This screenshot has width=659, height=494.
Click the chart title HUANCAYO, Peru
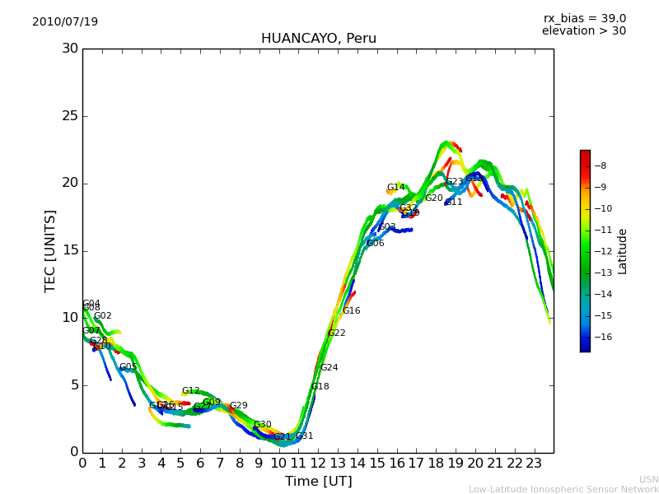(318, 39)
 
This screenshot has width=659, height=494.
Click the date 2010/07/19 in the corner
(65, 22)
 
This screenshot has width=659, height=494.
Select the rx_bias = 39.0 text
(584, 19)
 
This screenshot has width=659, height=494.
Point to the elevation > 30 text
(583, 31)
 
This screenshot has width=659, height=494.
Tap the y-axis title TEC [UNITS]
(51, 250)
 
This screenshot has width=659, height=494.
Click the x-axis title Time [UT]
(318, 481)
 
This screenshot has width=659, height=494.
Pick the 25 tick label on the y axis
(70, 116)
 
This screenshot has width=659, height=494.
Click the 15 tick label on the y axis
(70, 251)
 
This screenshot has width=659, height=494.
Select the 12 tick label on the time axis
(318, 463)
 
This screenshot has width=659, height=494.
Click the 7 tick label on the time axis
(220, 463)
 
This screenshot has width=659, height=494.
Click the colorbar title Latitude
(623, 250)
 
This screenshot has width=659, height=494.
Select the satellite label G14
(395, 188)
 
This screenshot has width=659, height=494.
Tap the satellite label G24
(329, 368)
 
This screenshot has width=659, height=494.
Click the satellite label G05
(128, 367)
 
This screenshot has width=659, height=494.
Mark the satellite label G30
(262, 425)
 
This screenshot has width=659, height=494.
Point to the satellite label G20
(433, 198)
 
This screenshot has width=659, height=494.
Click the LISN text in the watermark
(648, 479)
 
